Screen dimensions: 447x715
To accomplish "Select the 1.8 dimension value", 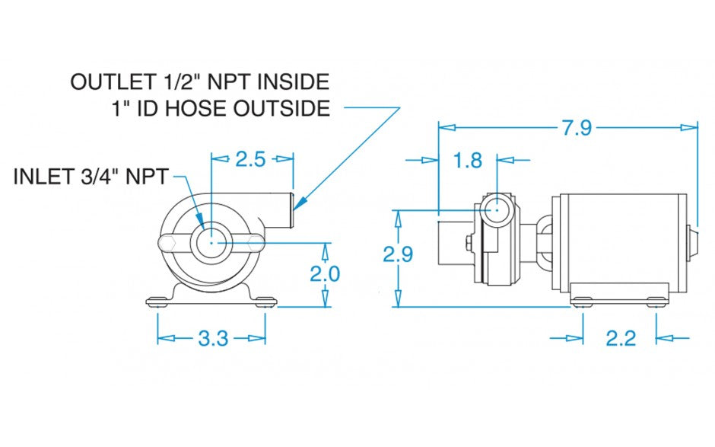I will point(467,161).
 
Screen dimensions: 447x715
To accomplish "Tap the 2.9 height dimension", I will point(398,255).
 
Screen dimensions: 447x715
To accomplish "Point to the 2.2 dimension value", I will point(620,337).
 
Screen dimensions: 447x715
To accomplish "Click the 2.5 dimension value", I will point(250,159).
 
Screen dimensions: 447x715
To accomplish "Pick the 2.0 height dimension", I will point(325,273).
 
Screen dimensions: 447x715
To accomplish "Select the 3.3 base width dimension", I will point(212,338).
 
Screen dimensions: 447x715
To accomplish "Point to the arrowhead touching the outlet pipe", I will point(299,203).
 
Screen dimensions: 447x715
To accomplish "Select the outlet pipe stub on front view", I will point(281,210).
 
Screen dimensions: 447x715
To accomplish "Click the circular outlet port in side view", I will point(496,206).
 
